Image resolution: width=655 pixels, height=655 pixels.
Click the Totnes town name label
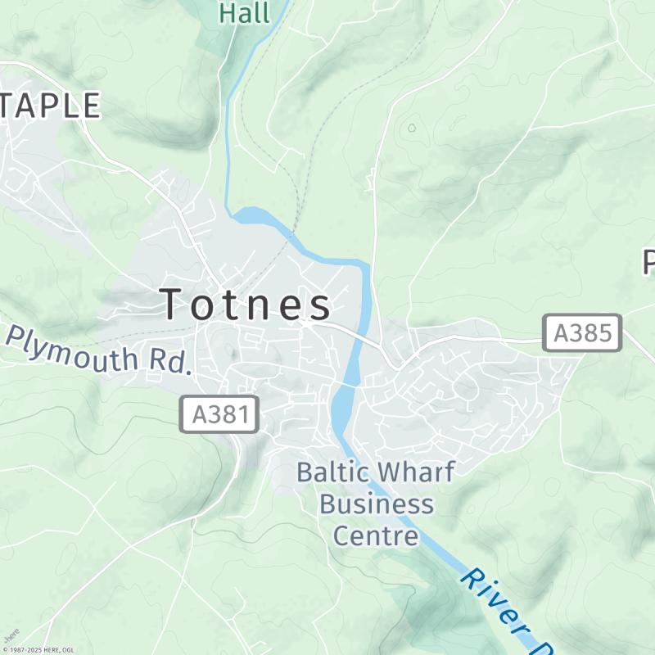click(x=246, y=304)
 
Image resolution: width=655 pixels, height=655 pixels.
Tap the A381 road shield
click(x=219, y=415)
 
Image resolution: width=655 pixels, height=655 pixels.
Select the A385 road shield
click(x=582, y=333)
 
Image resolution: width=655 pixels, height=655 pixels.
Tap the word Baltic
click(x=332, y=472)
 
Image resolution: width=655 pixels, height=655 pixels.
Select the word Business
click(x=377, y=504)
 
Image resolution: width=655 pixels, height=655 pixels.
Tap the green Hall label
click(x=244, y=12)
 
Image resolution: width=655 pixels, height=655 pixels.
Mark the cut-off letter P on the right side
click(x=648, y=263)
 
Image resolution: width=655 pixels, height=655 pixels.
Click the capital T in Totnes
click(x=174, y=304)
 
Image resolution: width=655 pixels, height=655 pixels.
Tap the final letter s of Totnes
click(x=320, y=305)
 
